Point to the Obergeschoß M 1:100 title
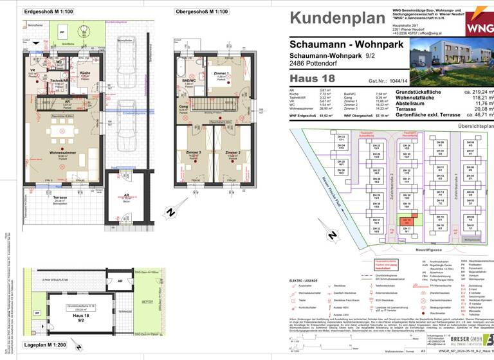pyautogui.click(x=202, y=12)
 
